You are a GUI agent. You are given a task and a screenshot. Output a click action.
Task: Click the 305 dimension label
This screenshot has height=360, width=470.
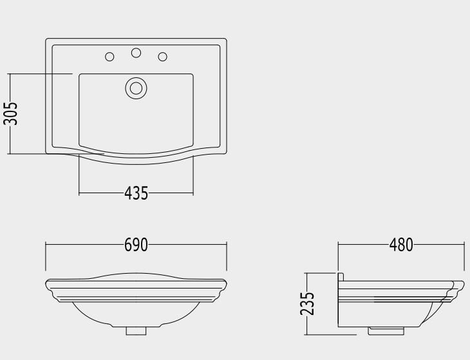point(10,113)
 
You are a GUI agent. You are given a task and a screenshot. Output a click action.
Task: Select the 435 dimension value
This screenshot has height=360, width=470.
point(136,193)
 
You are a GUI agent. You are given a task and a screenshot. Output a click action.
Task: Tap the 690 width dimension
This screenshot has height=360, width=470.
point(136,245)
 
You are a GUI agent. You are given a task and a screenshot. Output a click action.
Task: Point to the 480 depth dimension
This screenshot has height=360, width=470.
point(401,245)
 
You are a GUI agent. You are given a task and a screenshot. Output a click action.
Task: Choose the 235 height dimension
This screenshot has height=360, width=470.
point(307,303)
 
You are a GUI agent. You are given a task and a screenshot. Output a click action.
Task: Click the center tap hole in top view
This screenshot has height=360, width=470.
point(136,53)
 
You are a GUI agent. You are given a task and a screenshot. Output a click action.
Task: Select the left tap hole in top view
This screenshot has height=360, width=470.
point(109,57)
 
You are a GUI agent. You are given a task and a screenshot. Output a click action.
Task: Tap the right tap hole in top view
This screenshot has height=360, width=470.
point(162,57)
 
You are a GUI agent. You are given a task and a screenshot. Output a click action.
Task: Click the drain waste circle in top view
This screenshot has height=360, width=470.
point(136,88)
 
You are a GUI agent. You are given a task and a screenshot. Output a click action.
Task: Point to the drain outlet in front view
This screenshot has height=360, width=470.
point(136,331)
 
